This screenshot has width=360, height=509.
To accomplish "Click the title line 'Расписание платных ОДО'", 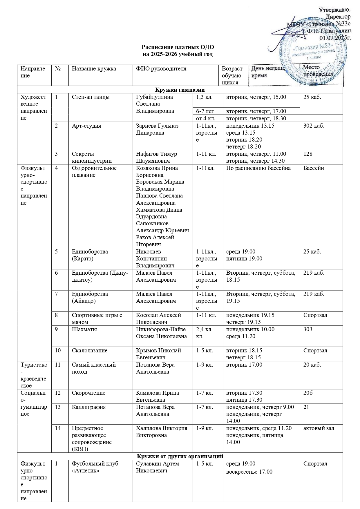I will point(178,47).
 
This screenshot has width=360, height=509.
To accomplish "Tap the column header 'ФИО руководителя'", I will point(161,69).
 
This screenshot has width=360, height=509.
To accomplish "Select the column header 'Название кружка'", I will point(94,69).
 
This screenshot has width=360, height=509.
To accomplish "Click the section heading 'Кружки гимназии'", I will point(180,90).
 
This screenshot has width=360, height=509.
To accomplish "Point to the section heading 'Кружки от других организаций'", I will point(180,456).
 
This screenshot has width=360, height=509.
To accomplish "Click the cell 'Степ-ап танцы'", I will point(91,97).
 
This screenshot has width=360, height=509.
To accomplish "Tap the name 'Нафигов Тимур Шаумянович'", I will point(156,157).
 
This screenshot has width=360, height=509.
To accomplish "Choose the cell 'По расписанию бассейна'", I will point(258,168).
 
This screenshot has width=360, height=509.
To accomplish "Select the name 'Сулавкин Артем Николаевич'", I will point(158,467).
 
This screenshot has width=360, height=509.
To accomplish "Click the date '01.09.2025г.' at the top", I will point(335,38).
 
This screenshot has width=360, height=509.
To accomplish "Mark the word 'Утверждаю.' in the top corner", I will point(335,10).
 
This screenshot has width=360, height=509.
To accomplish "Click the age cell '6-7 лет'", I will point(205,111).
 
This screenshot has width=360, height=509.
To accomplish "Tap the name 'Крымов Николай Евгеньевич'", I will point(158,354).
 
